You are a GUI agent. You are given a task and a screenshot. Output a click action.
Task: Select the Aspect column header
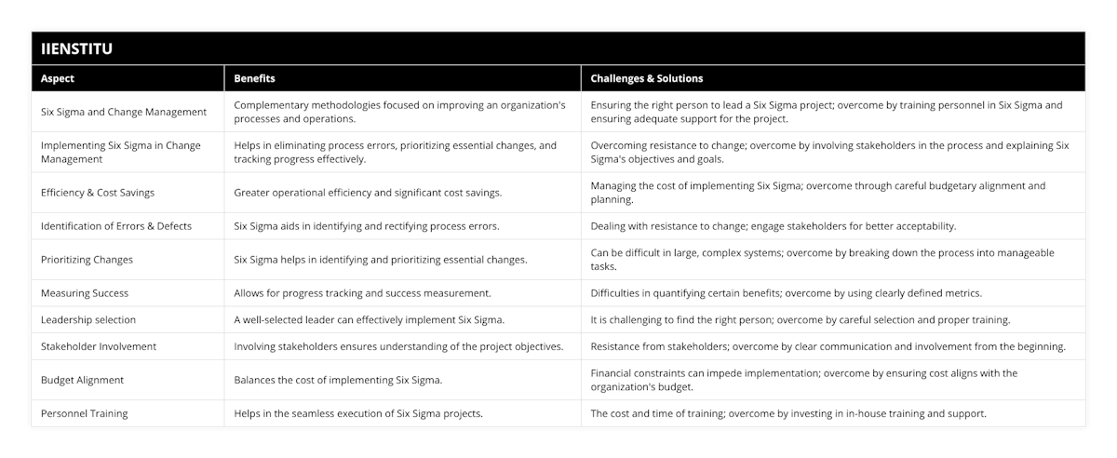(58, 78)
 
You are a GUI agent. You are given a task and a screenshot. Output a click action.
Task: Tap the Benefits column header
(254, 78)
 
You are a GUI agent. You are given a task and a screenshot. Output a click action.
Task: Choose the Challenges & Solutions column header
(647, 78)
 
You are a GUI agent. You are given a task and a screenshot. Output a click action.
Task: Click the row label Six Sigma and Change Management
(124, 112)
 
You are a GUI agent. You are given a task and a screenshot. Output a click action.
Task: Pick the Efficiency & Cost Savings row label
(98, 193)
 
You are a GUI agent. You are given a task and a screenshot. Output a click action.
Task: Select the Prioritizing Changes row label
(87, 260)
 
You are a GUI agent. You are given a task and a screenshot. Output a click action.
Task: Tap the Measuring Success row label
(85, 293)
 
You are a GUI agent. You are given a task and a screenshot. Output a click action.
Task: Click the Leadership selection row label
(88, 319)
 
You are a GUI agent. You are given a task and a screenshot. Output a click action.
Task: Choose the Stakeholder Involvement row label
(99, 346)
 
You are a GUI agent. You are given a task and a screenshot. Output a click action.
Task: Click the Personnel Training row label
(85, 413)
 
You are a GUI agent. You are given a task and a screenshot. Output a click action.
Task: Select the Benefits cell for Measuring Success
(362, 293)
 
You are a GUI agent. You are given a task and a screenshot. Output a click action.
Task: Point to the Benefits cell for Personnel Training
(358, 413)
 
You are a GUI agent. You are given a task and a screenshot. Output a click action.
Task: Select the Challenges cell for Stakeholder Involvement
(828, 346)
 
